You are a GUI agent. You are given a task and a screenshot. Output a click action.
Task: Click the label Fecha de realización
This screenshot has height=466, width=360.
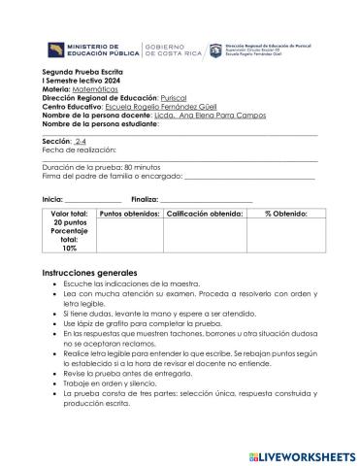point(80,150)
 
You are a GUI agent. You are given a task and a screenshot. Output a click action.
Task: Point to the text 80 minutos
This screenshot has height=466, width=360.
point(143,167)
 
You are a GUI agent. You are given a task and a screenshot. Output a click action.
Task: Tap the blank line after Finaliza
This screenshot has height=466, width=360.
point(198,200)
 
